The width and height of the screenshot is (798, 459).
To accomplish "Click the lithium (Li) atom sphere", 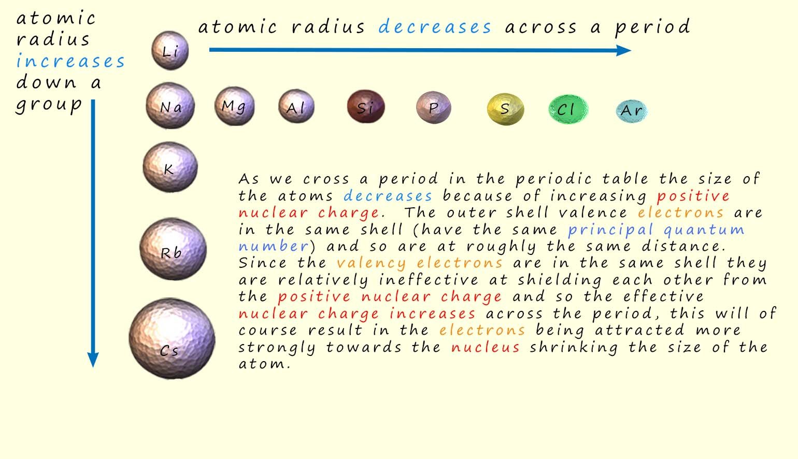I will (x=169, y=50).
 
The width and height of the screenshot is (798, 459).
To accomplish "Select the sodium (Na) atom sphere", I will (x=170, y=106).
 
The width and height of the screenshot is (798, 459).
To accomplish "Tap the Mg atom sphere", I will (x=234, y=106).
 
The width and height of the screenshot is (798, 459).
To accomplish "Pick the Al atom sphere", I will (x=296, y=107).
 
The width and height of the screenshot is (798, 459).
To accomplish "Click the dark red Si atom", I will (x=366, y=107).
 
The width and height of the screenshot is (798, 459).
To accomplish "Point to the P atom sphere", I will (x=433, y=108).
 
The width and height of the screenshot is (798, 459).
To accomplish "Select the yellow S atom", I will (x=505, y=109).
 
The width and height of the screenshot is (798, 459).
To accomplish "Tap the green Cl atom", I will (x=567, y=109).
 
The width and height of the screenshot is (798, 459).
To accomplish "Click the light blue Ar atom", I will (x=632, y=111).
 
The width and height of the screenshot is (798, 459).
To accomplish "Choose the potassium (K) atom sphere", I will (x=170, y=167).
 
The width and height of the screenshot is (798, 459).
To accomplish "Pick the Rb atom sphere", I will (x=173, y=249).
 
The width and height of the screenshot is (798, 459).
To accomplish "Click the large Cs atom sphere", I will (x=172, y=339).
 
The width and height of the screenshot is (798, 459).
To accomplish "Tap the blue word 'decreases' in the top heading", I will (x=434, y=27).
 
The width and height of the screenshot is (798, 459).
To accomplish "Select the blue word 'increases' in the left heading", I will (x=70, y=61).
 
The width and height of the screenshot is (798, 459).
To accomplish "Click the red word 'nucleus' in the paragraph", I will (x=485, y=347).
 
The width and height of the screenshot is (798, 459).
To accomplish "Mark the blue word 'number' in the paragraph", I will (x=273, y=246).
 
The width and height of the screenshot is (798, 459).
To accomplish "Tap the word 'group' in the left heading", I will (x=49, y=104).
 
